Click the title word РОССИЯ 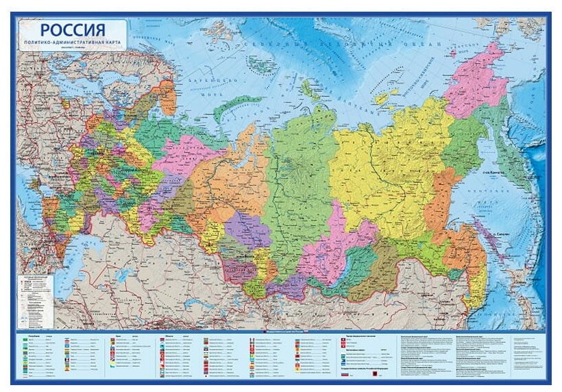(72, 29)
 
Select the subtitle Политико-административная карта (72, 42)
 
